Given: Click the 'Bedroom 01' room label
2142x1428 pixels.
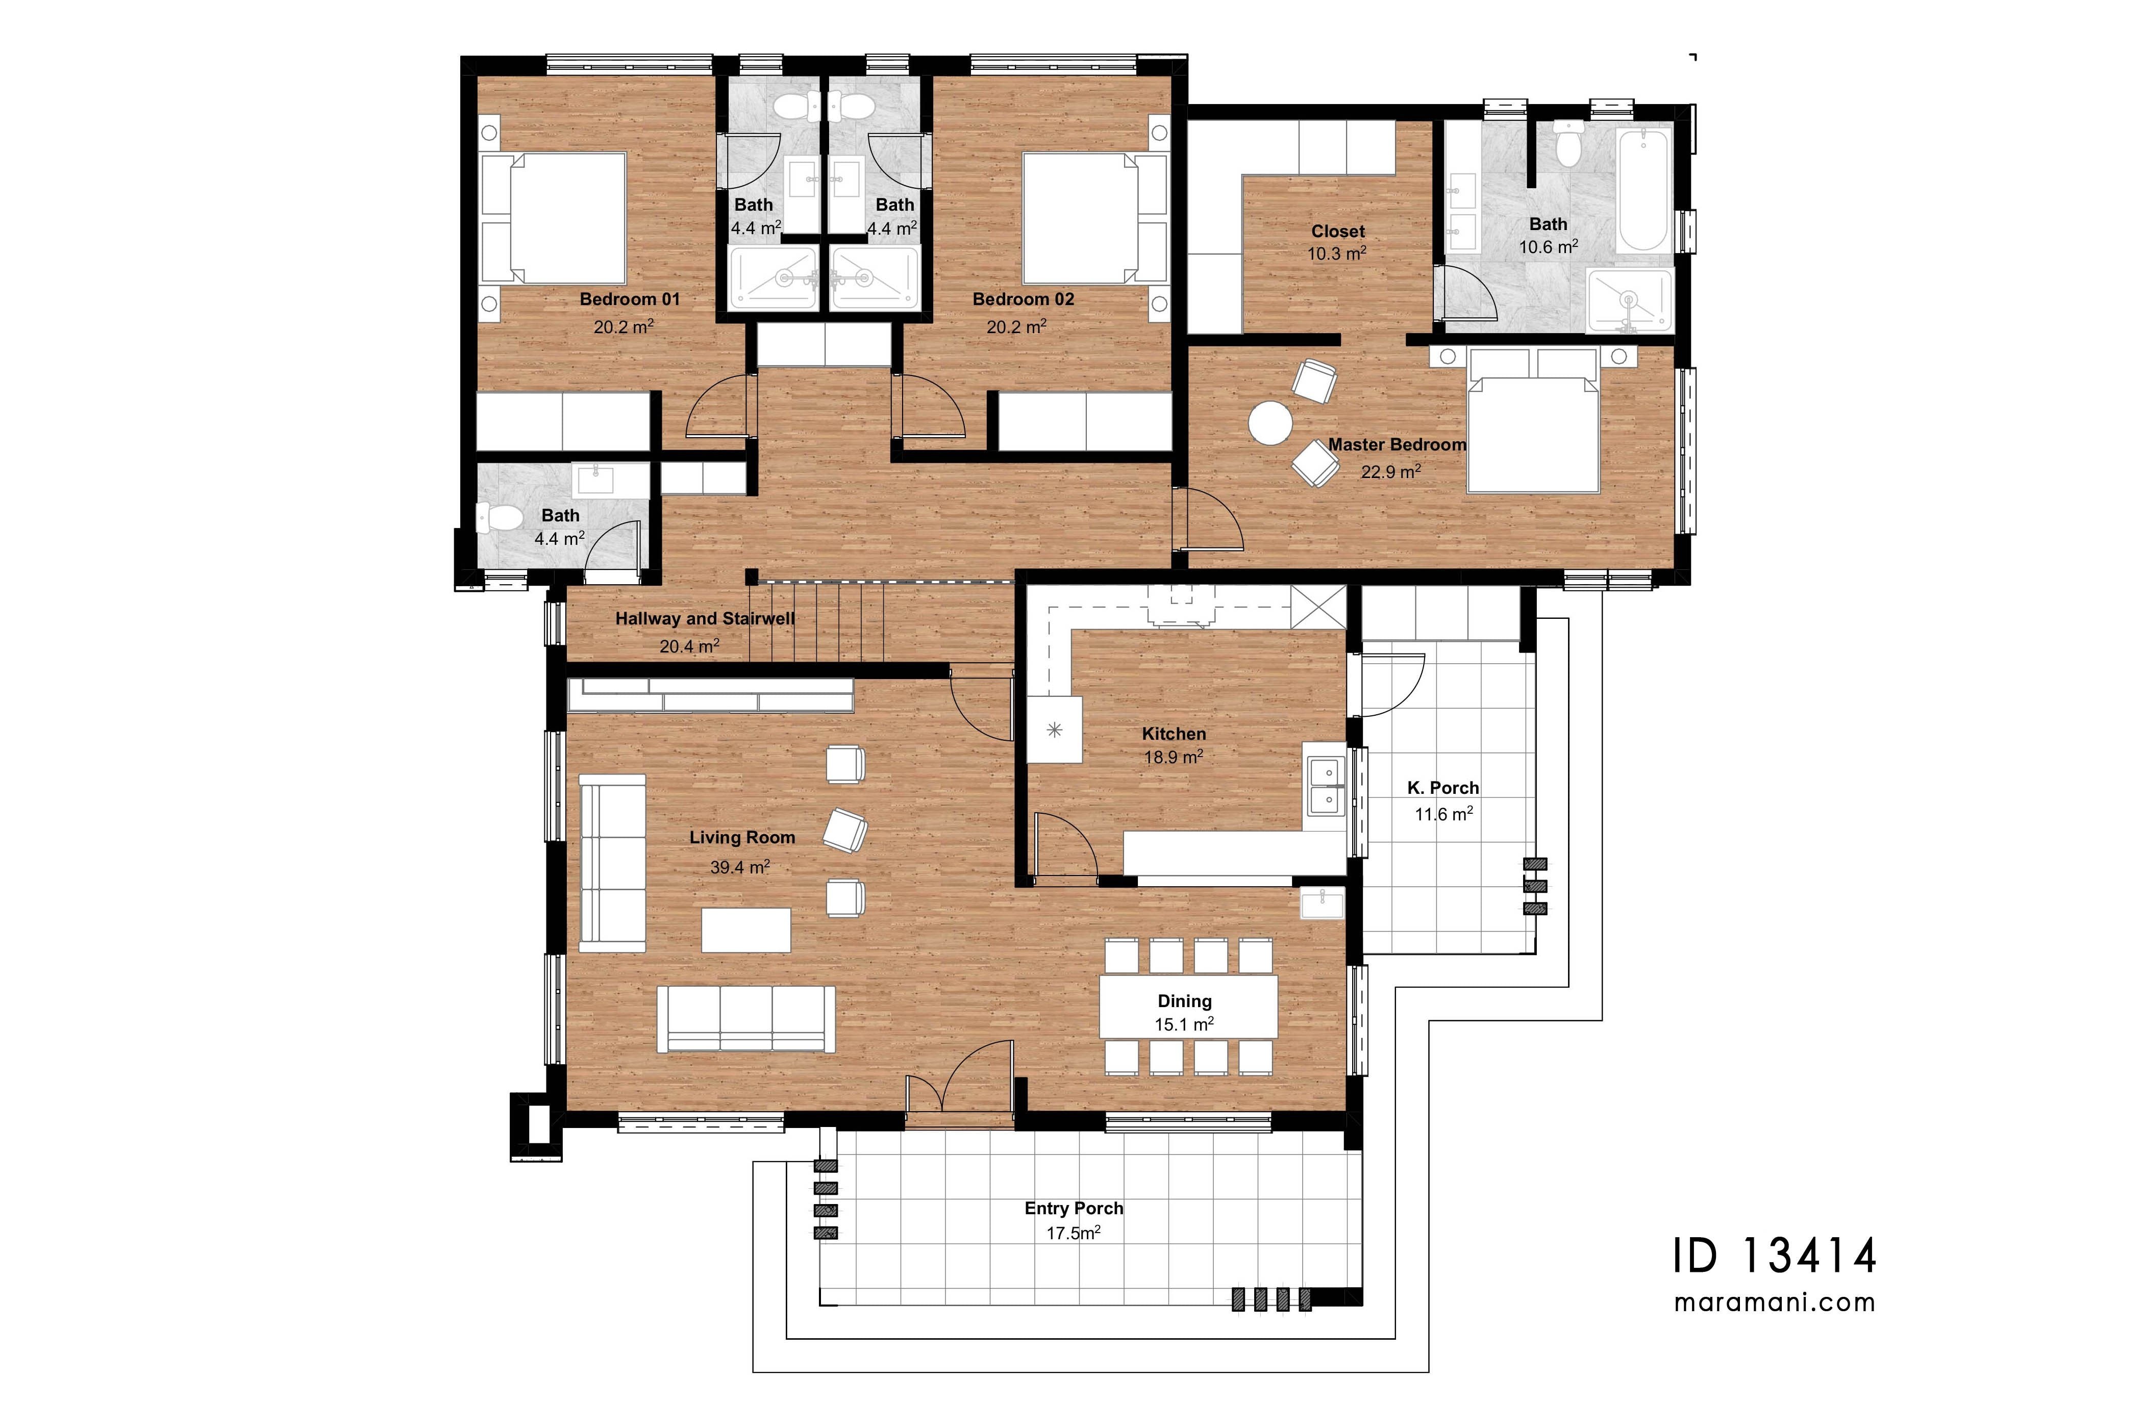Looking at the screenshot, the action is tap(629, 299).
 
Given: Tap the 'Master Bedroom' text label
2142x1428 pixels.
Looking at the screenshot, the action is tap(1397, 444).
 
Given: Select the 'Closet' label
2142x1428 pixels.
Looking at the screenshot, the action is tap(1338, 231).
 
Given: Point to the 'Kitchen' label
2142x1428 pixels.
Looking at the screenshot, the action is tap(1174, 733).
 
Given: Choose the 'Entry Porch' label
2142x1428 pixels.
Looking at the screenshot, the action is tap(1074, 1209).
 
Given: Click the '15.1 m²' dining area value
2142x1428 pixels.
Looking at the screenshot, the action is tap(1184, 1023).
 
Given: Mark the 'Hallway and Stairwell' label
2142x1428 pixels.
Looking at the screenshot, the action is tap(705, 618).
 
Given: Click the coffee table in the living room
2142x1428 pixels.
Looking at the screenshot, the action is tap(746, 930).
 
